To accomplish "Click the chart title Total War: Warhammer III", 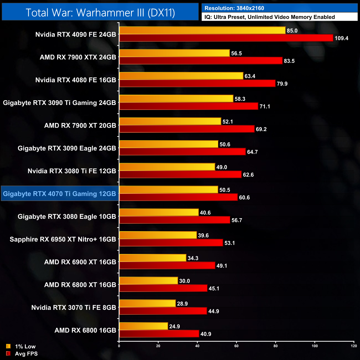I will (x=100, y=12).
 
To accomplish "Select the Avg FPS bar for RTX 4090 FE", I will (x=226, y=38).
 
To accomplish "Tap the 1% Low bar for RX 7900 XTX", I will (x=174, y=53).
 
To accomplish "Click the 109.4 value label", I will (x=341, y=38).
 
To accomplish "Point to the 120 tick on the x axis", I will (x=354, y=346).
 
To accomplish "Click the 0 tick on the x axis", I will (x=119, y=346).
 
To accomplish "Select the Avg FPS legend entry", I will (x=22, y=354).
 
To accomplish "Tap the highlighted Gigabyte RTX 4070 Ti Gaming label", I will (x=60, y=194).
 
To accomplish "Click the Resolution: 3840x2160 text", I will (x=234, y=8).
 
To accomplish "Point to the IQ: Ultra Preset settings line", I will (x=269, y=17).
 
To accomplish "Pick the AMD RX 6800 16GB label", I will (x=85, y=330).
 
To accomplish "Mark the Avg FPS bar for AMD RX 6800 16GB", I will (x=159, y=334).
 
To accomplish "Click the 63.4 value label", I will (x=250, y=76).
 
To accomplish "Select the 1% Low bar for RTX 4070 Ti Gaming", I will (x=169, y=190).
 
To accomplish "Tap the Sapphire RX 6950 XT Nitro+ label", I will (x=63, y=239).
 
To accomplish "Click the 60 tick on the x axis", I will (x=236, y=346).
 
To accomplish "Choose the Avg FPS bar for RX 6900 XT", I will (x=167, y=266).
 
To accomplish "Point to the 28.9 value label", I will (x=182, y=304).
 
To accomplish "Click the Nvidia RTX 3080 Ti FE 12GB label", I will (x=72, y=171).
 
